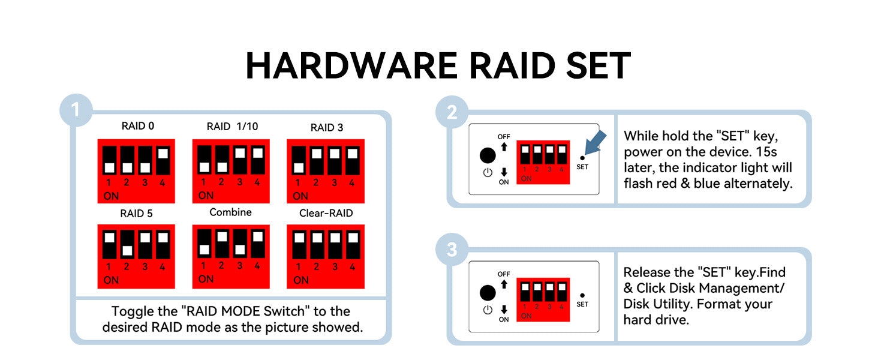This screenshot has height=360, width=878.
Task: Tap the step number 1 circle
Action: [x=76, y=110]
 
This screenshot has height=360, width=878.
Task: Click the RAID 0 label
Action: [x=137, y=126]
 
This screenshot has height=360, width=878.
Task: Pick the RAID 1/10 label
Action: [x=232, y=126]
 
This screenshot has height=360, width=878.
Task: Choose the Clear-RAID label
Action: [x=326, y=213]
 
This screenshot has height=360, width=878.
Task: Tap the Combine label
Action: [x=230, y=212]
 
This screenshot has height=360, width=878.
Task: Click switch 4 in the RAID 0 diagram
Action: [x=163, y=159]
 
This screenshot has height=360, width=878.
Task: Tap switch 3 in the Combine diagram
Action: [x=240, y=243]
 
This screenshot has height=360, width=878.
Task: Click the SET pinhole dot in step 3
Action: [x=582, y=295]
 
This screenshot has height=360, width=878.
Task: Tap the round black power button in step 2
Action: [x=488, y=155]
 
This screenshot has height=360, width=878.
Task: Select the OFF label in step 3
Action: [x=504, y=274]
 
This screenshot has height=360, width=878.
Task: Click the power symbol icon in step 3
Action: [x=488, y=310]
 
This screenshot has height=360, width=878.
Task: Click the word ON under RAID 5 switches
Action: [x=111, y=280]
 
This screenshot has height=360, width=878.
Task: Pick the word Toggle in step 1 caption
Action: [x=128, y=311]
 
